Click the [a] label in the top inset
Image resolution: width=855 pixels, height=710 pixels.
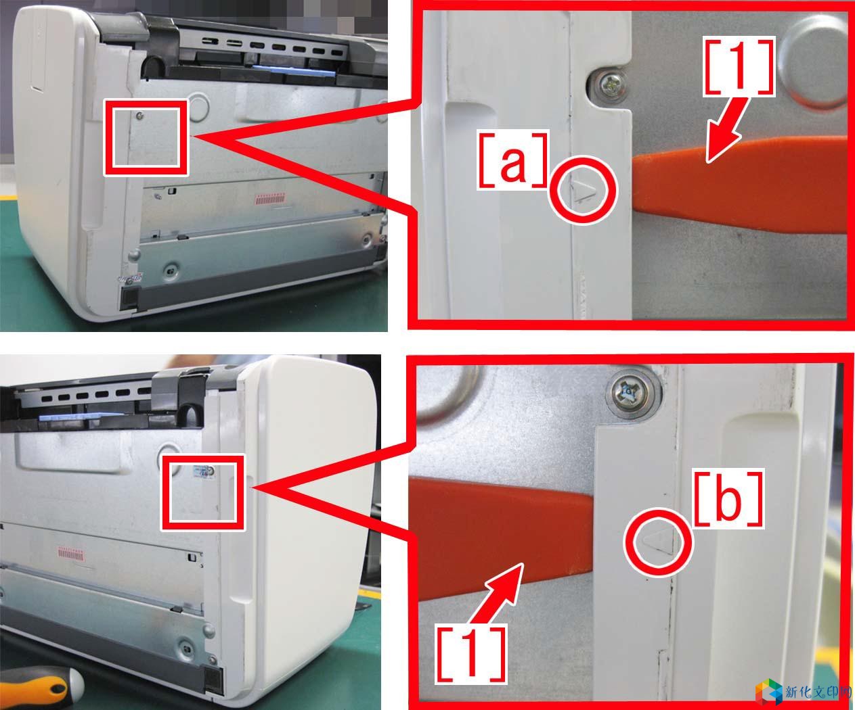(512, 159)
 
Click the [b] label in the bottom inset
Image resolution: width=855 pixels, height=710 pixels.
(728, 498)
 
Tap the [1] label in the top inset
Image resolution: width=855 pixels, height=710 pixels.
(739, 67)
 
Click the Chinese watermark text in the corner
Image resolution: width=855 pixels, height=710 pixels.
(818, 692)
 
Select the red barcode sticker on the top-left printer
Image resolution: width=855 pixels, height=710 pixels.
(271, 199)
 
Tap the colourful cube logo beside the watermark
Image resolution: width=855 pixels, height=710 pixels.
(768, 692)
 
